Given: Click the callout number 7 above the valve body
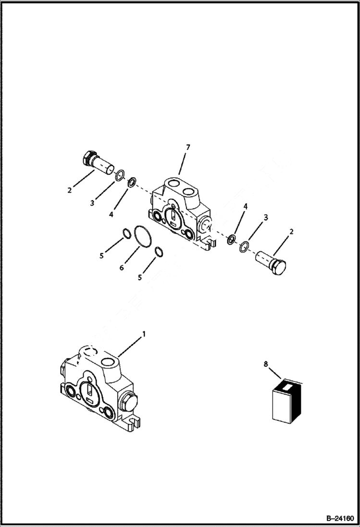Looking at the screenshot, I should click(x=188, y=147).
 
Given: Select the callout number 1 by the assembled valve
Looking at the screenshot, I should click(x=143, y=333).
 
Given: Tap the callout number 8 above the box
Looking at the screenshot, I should click(x=266, y=365).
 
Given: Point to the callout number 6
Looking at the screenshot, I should click(x=122, y=267).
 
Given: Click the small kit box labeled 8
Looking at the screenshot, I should click(x=286, y=401).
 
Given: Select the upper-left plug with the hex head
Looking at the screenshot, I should click(x=98, y=162).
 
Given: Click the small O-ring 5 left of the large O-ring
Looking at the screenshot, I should click(x=127, y=233).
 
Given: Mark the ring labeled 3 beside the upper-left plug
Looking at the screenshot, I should click(x=120, y=174).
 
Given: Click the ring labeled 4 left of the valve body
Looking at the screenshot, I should click(x=131, y=182).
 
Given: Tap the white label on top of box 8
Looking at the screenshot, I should click(x=287, y=385).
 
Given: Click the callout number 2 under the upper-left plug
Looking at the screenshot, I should click(x=70, y=190).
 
